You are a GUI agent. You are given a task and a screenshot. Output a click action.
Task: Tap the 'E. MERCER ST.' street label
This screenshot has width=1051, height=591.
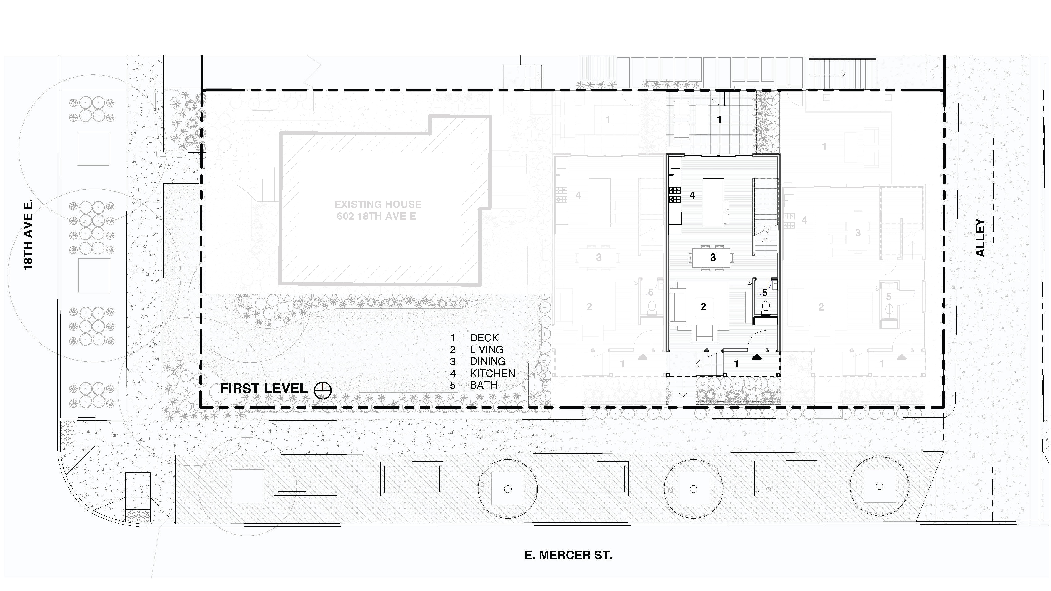(x=568, y=555)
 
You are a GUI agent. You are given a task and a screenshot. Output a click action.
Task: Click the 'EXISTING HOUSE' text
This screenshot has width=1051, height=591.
(x=378, y=204)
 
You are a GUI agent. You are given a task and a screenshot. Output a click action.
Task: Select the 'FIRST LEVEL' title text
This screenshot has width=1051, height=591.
(x=264, y=389)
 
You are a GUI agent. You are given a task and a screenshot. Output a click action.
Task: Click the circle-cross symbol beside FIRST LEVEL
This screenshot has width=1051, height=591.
(x=323, y=390)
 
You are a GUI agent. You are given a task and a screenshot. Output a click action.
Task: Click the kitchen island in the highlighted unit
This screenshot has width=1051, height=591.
(x=713, y=202)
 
